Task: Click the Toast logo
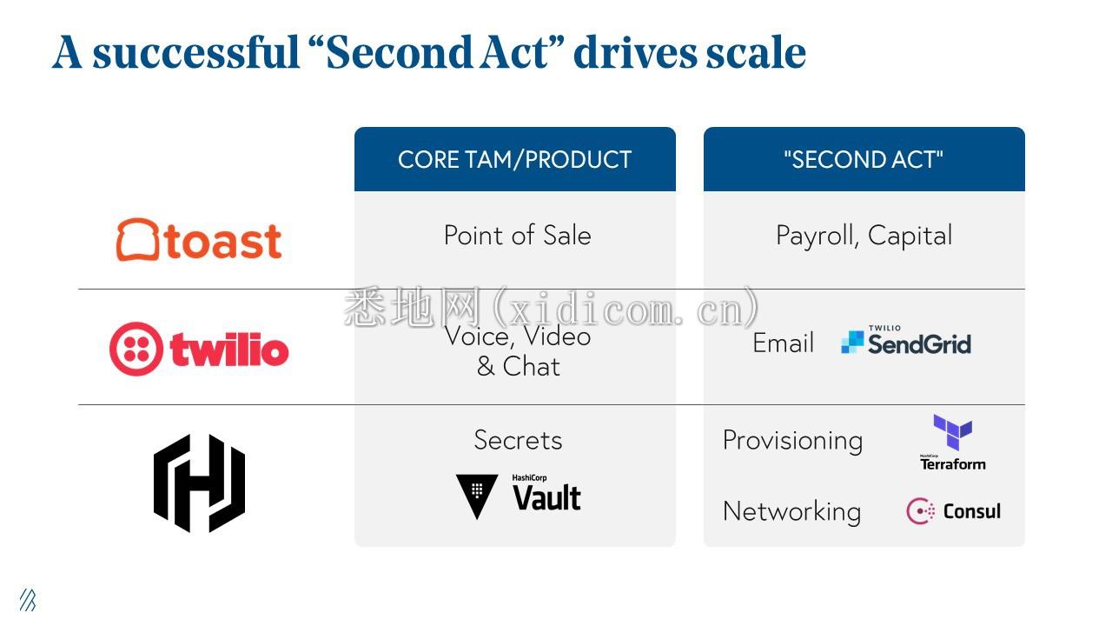199,240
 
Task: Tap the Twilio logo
199,349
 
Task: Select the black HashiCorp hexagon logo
199,483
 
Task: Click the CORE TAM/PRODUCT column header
515,159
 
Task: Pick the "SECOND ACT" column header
864,159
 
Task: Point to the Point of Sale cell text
517,235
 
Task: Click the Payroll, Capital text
864,236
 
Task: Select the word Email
783,343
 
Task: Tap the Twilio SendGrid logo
906,340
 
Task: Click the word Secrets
518,440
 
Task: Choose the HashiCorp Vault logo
519,496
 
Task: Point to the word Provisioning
793,441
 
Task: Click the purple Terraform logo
953,443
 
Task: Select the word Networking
791,512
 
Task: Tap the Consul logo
953,511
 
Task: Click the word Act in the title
515,52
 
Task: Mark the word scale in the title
756,52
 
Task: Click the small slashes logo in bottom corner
28,600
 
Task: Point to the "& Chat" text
519,367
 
